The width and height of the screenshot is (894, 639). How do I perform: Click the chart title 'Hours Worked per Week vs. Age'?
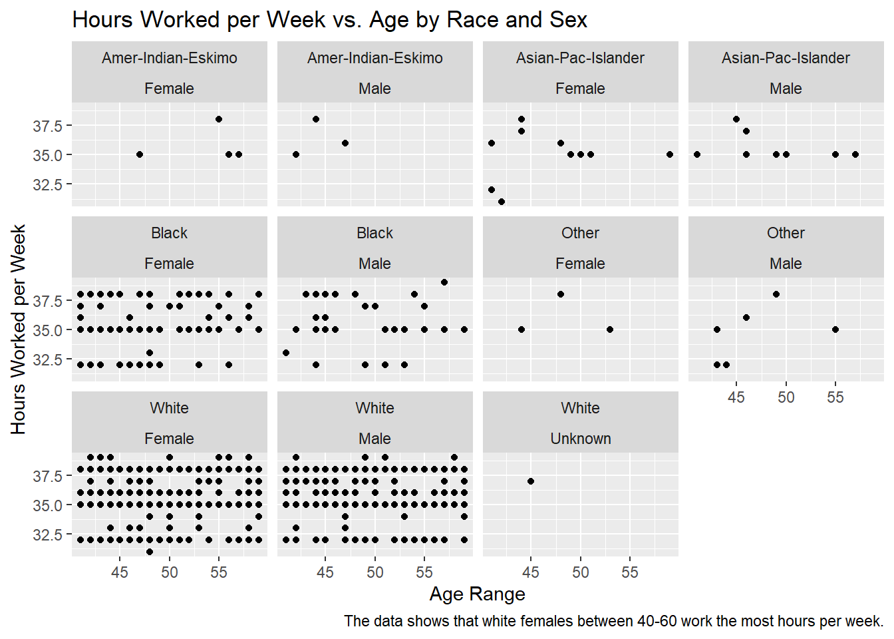tap(329, 20)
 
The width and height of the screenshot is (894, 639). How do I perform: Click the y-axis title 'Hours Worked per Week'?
tap(18, 329)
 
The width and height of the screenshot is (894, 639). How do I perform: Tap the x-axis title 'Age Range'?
tap(477, 594)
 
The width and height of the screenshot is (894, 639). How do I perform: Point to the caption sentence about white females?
tap(613, 621)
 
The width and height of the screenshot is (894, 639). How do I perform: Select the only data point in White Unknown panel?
tap(531, 481)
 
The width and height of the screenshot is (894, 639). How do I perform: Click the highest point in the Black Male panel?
tap(444, 282)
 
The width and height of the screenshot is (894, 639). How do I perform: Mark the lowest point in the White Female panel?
tap(150, 552)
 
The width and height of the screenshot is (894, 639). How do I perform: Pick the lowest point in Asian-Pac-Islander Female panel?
tap(502, 202)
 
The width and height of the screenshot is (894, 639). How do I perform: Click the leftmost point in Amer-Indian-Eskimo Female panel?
tap(140, 154)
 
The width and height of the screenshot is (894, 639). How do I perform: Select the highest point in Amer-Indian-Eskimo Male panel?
tap(316, 119)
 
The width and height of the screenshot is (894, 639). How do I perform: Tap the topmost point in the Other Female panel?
tap(561, 294)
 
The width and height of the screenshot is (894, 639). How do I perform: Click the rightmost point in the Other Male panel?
tap(835, 329)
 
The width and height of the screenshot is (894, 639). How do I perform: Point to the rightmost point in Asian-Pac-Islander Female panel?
tap(670, 154)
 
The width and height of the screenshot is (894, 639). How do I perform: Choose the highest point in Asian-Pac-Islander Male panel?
tap(736, 119)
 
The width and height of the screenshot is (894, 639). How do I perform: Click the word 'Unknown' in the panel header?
tap(580, 439)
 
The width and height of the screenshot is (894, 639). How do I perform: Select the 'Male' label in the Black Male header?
tap(374, 264)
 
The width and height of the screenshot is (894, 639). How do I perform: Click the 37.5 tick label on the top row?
tap(47, 126)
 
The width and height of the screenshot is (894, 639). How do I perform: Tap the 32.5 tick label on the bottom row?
tap(47, 534)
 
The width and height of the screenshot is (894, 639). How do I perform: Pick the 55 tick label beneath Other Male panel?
tap(835, 397)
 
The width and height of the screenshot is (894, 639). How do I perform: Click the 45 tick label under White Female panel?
tap(120, 572)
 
